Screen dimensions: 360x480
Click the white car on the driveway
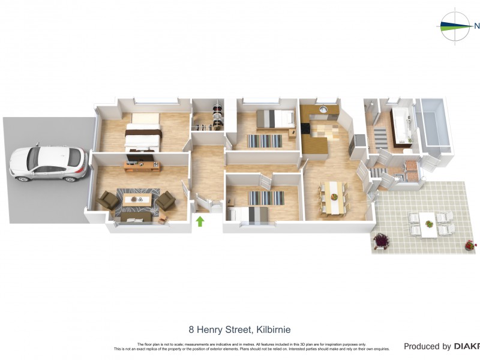click(x=49, y=163)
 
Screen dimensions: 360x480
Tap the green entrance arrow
click(x=200, y=221)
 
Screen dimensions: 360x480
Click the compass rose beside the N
click(x=455, y=26)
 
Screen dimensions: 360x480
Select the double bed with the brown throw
click(x=143, y=133)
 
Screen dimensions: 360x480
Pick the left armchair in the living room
click(x=109, y=200)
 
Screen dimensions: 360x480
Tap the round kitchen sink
click(x=322, y=110)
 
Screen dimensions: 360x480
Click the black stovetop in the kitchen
click(x=306, y=128)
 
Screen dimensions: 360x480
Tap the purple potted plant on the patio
click(x=380, y=241)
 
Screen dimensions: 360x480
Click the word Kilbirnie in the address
click(x=272, y=329)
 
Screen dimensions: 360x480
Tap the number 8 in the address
click(x=191, y=329)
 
